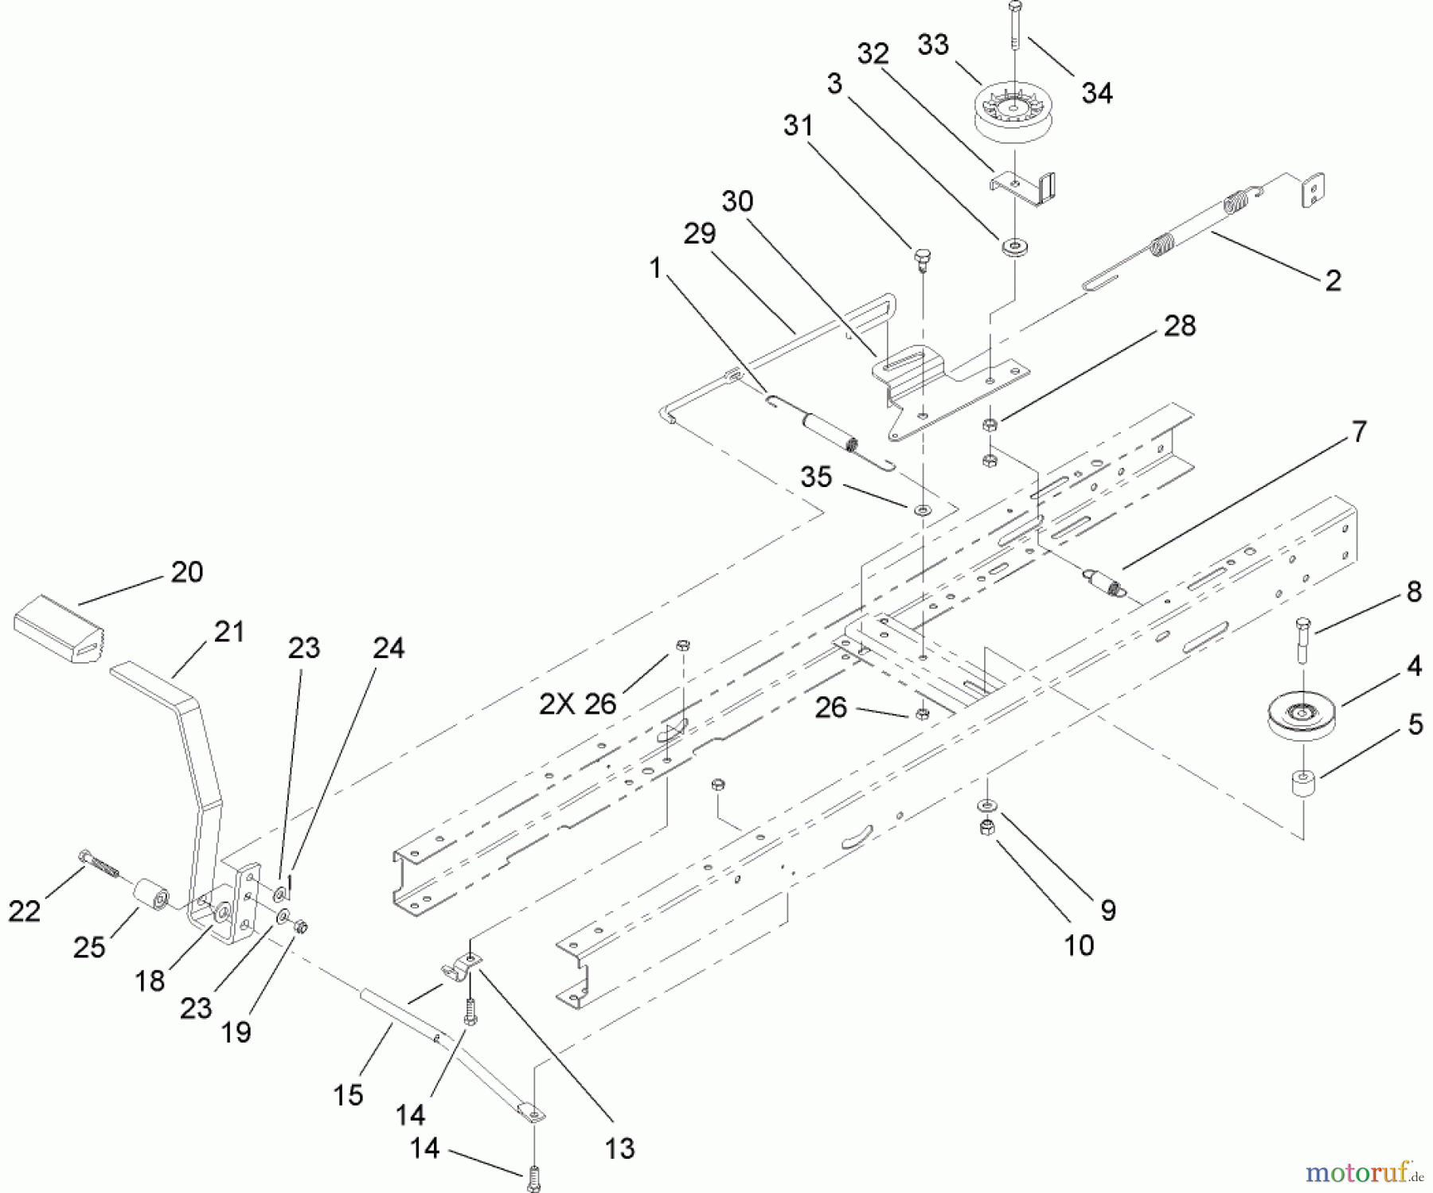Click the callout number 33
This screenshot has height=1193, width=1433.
coord(933,45)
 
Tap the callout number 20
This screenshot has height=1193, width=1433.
coord(187,572)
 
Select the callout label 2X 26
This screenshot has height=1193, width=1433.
coord(578,704)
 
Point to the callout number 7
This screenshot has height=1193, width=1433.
coord(1359,432)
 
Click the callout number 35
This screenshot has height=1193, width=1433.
coord(816,478)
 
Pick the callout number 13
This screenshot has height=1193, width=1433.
coord(619,1148)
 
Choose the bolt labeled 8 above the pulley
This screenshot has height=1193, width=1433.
coord(1302,640)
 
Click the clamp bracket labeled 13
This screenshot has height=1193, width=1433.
coord(462,967)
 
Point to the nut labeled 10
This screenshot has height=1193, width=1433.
coord(987,828)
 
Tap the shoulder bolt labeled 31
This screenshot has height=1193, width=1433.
coord(923,259)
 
